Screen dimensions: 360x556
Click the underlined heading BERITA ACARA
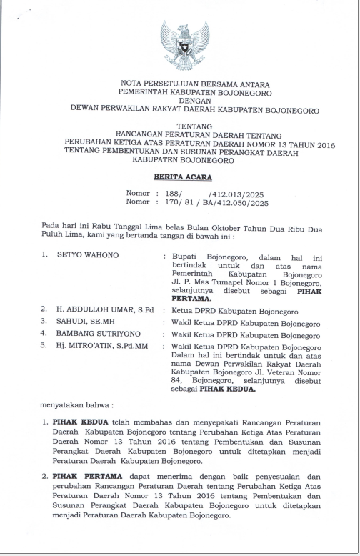[184, 177]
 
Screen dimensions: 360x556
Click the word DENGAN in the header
[184, 102]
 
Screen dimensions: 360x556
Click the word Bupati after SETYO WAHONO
[189, 255]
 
